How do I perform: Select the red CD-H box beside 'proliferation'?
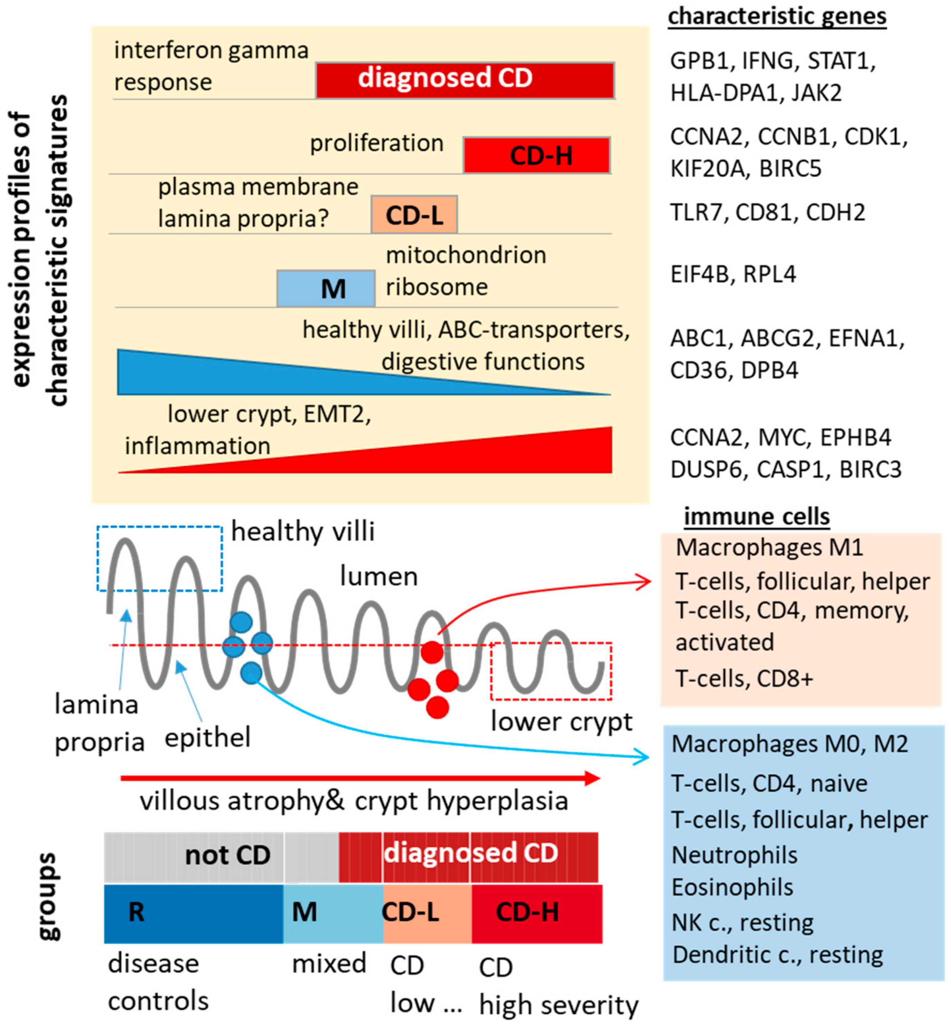[x=537, y=155]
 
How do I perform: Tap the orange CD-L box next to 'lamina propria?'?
[x=414, y=215]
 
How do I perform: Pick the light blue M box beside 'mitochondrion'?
[x=326, y=288]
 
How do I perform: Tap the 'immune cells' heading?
[x=756, y=516]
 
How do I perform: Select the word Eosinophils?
[x=732, y=887]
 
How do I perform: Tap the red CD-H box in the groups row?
[x=537, y=913]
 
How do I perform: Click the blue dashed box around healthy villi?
[x=160, y=558]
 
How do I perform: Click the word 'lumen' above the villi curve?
[x=378, y=576]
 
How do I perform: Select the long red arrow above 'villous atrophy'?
[x=360, y=778]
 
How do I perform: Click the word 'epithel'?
[x=207, y=738]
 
